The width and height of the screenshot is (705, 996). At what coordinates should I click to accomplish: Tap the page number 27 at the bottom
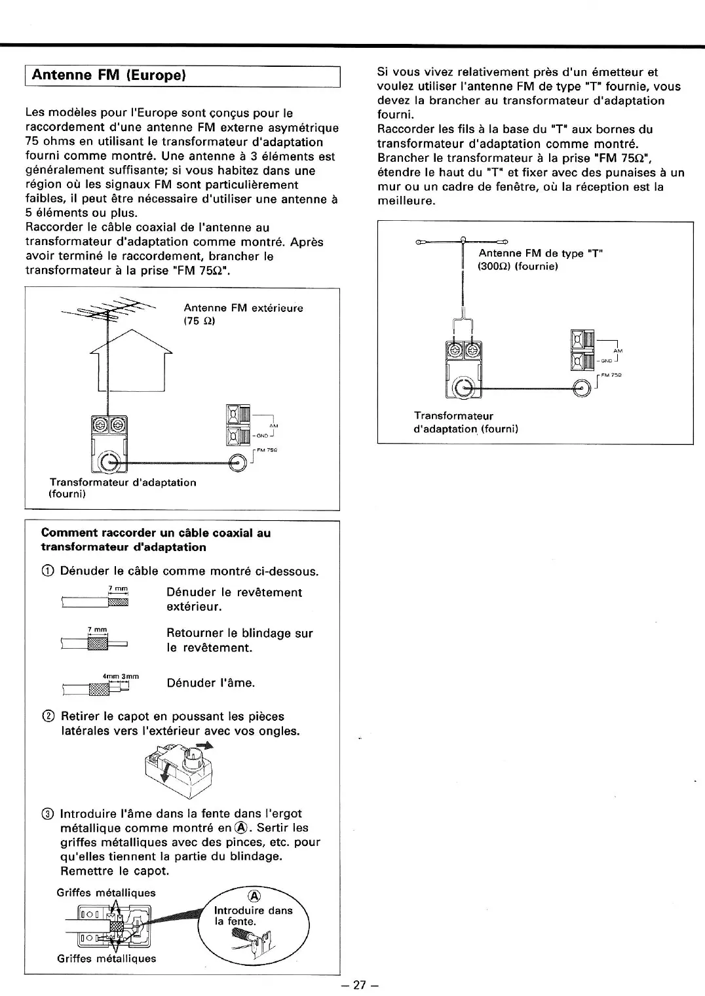pyautogui.click(x=358, y=985)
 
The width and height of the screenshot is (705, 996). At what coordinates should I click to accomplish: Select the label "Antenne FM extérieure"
pyautogui.click(x=243, y=308)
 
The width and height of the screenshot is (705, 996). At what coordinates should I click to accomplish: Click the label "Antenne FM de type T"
pyautogui.click(x=540, y=254)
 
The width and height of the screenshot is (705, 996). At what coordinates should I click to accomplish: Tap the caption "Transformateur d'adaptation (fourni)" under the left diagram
pyautogui.click(x=123, y=488)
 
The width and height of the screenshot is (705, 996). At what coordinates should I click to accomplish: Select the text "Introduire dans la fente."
pyautogui.click(x=253, y=915)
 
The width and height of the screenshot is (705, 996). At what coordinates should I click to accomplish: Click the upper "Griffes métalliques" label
pyautogui.click(x=106, y=892)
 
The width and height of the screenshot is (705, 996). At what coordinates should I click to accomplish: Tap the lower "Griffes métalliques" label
pyautogui.click(x=106, y=958)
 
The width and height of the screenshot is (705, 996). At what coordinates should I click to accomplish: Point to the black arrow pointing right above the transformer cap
pyautogui.click(x=205, y=746)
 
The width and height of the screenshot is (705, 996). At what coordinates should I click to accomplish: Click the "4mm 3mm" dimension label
pyautogui.click(x=121, y=676)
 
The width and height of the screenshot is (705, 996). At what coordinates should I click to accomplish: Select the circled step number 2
pyautogui.click(x=47, y=717)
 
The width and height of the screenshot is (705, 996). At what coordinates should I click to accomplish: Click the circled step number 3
pyautogui.click(x=47, y=814)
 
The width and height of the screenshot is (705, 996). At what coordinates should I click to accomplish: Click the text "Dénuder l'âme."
pyautogui.click(x=211, y=683)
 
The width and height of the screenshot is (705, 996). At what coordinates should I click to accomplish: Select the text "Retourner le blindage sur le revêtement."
pyautogui.click(x=240, y=640)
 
